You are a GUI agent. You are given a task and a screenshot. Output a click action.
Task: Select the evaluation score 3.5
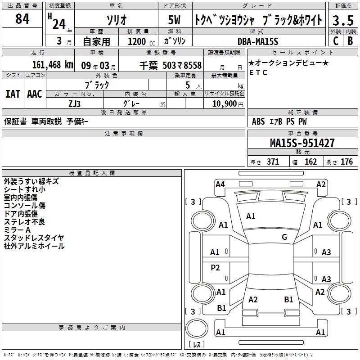pos(342,20)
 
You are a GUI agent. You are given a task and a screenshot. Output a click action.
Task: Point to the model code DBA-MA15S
pos(258,41)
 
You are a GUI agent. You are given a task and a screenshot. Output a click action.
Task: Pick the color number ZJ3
pos(75,103)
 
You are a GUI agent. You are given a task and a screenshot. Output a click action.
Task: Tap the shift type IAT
pos(13,94)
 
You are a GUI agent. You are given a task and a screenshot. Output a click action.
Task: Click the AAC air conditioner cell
pos(34,94)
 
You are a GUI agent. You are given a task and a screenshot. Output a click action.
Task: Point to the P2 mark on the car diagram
pos(216,268)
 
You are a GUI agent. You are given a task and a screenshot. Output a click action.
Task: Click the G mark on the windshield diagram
pos(284,237)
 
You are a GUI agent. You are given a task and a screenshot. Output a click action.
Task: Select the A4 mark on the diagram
pos(220,184)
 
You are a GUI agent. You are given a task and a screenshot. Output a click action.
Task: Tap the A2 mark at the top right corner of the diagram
pos(321,184)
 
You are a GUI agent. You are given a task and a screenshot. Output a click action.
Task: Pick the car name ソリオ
pos(116,20)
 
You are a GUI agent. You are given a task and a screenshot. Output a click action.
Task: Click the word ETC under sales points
pos(258,73)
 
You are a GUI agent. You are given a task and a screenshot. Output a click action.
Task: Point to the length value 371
pos(273,162)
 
